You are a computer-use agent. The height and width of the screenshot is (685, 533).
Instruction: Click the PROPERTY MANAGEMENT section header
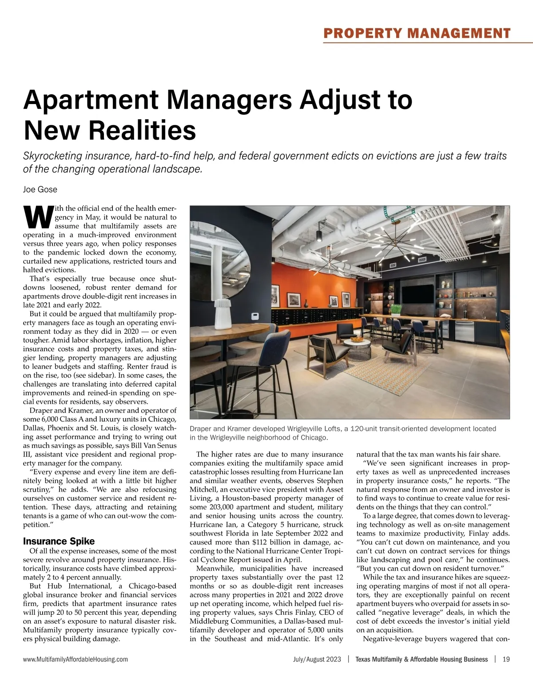click(x=417, y=33)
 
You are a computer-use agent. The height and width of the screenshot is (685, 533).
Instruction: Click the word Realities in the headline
click(x=143, y=130)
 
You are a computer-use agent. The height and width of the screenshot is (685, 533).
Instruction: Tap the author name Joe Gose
click(x=40, y=189)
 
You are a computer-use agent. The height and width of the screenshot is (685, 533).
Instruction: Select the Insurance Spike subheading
click(x=59, y=541)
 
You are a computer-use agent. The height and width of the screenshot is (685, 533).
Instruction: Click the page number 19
click(x=506, y=659)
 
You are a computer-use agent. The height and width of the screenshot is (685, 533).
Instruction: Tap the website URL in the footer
click(x=76, y=659)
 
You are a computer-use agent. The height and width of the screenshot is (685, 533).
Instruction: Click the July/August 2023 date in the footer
click(x=317, y=659)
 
